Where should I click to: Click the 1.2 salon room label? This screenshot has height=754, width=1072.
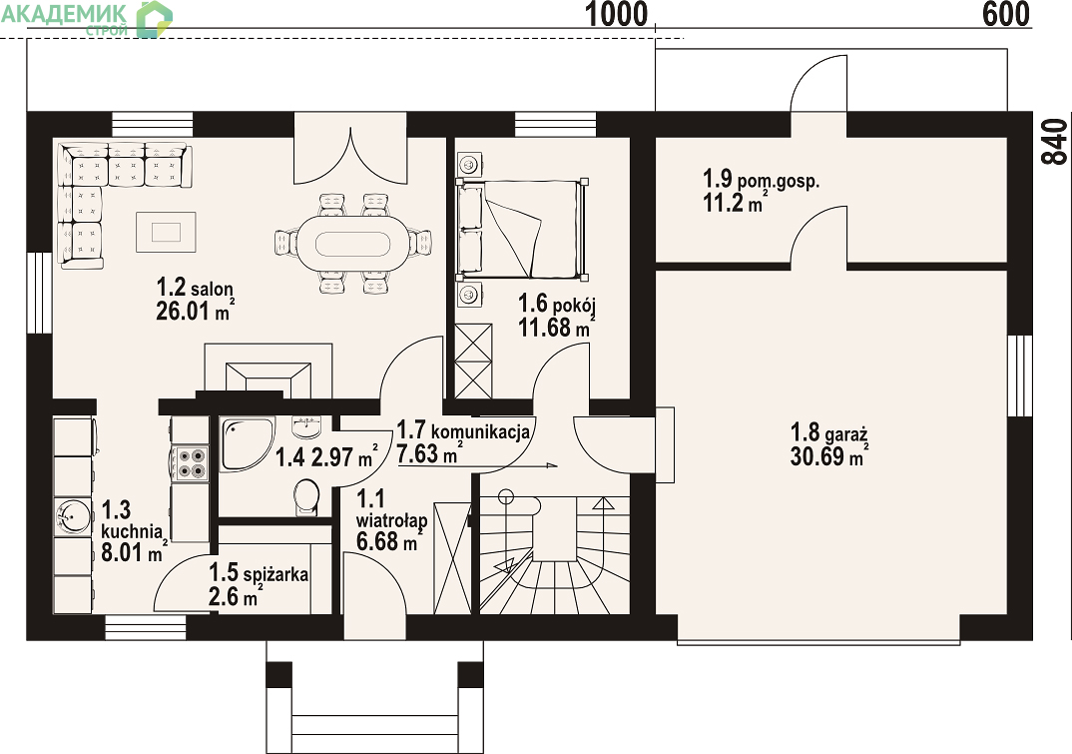click(x=195, y=288)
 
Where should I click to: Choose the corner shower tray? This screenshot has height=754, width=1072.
click(x=247, y=443)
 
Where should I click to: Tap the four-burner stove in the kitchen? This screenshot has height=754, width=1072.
click(x=192, y=463)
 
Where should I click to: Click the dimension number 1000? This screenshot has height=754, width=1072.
click(x=616, y=14)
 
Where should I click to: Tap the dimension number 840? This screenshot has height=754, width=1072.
click(x=1055, y=142)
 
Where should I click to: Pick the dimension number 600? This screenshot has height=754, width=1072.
click(x=1006, y=14)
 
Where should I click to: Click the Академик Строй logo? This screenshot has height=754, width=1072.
click(x=86, y=18)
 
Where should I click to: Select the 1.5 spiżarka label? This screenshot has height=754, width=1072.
click(x=259, y=572)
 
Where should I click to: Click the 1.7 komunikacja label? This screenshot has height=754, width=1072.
click(x=463, y=430)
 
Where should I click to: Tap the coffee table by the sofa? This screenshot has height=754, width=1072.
click(x=166, y=232)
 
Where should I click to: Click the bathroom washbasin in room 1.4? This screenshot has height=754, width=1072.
click(x=305, y=427)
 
